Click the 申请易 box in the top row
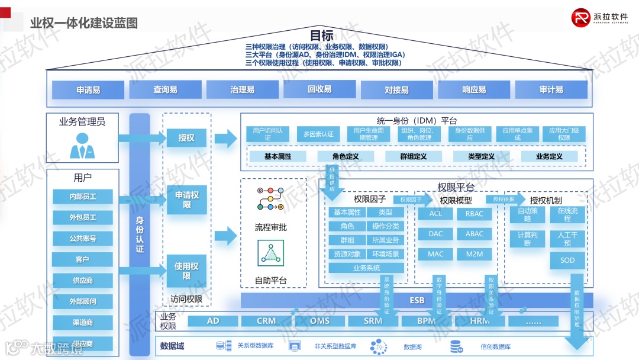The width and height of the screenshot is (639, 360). [x=88, y=90]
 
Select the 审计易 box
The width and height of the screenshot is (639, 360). [x=551, y=90]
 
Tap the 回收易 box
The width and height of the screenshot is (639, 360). [x=319, y=89]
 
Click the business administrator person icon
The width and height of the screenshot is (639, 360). [x=82, y=145]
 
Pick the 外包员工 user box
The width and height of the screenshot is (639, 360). [x=83, y=217]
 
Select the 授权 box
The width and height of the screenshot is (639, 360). [x=186, y=138]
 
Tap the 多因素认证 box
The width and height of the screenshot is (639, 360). [x=318, y=134]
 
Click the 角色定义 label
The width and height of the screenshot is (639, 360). [x=345, y=156]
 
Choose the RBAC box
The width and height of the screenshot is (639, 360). [x=474, y=214]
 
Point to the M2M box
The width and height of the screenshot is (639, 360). [x=474, y=254]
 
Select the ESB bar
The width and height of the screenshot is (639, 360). [x=417, y=300]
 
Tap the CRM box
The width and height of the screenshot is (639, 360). [x=266, y=321]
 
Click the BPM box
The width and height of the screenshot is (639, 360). [x=426, y=321]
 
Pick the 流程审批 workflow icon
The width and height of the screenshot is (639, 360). [x=270, y=199]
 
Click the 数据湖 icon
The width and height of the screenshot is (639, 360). [x=378, y=346]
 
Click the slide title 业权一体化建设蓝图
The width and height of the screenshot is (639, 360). [x=84, y=23]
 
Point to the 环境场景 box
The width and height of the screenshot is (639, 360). [x=386, y=254]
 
